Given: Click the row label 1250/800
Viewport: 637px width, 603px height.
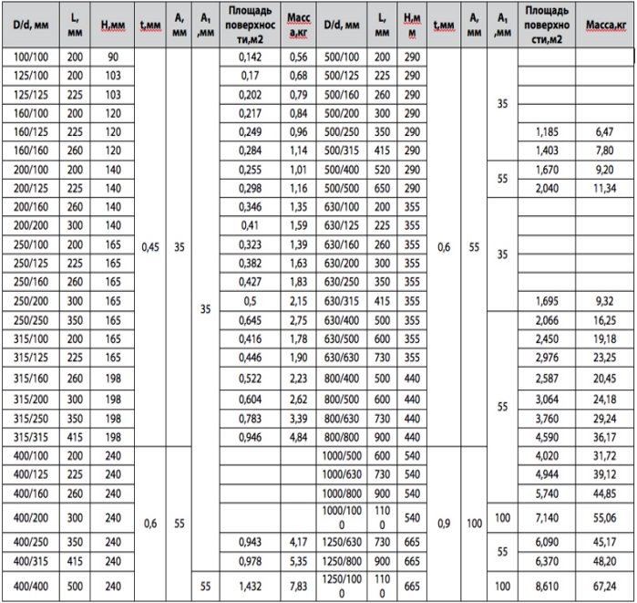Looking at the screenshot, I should click(x=344, y=559).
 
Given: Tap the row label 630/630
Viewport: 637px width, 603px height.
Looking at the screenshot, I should click(x=344, y=331).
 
